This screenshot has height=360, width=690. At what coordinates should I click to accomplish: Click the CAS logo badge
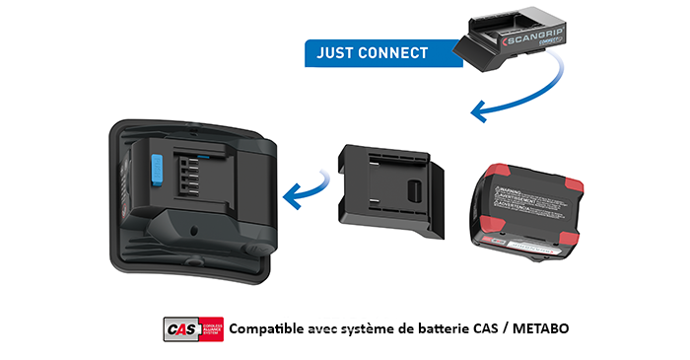(x=193, y=327)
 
